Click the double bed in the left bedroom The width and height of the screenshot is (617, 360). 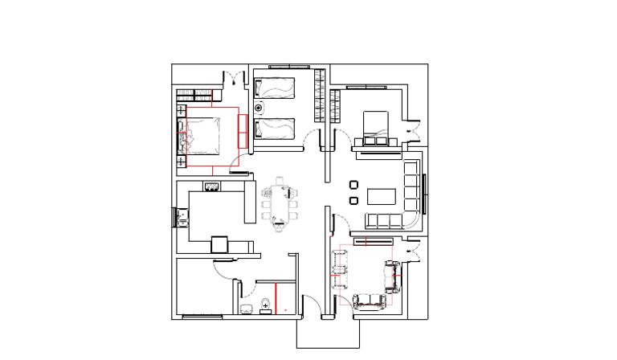pos(201,134)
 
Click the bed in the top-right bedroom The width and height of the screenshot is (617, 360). pos(375,126)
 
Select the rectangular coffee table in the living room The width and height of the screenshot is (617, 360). pos(382,195)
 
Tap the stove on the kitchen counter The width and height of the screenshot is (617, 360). pos(212,187)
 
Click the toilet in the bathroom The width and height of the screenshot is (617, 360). pos(264,305)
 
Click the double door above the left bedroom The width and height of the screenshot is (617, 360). pos(234,79)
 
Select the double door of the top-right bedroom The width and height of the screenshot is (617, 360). pos(415,127)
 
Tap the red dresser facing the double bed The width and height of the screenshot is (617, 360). pos(242,129)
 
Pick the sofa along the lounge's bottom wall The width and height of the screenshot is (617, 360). pos(370,301)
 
